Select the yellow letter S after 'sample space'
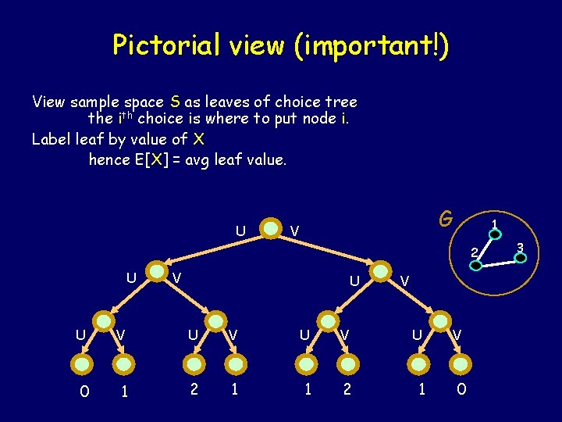pyautogui.click(x=176, y=102)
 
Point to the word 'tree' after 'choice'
pyautogui.click(x=338, y=102)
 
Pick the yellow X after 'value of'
pyautogui.click(x=199, y=139)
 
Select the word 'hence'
pyautogui.click(x=109, y=159)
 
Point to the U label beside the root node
pyautogui.click(x=240, y=231)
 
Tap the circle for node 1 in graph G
pyautogui.click(x=495, y=234)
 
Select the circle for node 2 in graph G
pyautogui.click(x=475, y=264)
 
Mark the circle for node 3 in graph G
pyautogui.click(x=521, y=257)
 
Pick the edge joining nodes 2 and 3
pyautogui.click(x=498, y=261)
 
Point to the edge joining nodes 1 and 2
pyautogui.click(x=485, y=249)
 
